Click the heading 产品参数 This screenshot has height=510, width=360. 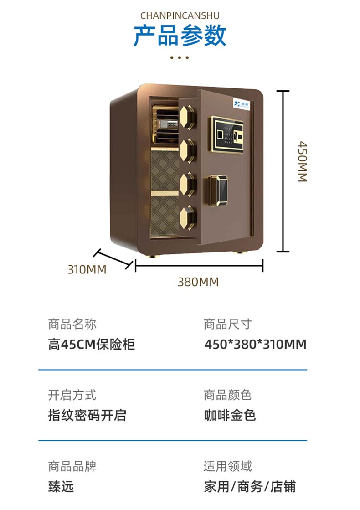pyautogui.click(x=180, y=36)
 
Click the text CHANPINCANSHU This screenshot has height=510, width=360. pyautogui.click(x=180, y=15)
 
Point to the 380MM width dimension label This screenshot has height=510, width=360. pyautogui.click(x=198, y=282)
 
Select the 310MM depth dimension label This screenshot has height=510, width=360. pyautogui.click(x=87, y=269)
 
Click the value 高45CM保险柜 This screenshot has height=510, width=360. pyautogui.click(x=92, y=344)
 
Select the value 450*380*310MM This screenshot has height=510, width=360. pyautogui.click(x=255, y=344)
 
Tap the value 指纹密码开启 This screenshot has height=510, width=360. pyautogui.click(x=87, y=415)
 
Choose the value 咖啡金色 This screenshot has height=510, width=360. pyautogui.click(x=230, y=415)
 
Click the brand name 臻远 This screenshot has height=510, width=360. pyautogui.click(x=61, y=486)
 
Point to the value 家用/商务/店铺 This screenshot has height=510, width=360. pyautogui.click(x=250, y=486)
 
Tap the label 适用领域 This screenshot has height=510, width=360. pyautogui.click(x=227, y=466)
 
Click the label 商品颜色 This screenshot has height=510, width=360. pyautogui.click(x=227, y=395)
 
